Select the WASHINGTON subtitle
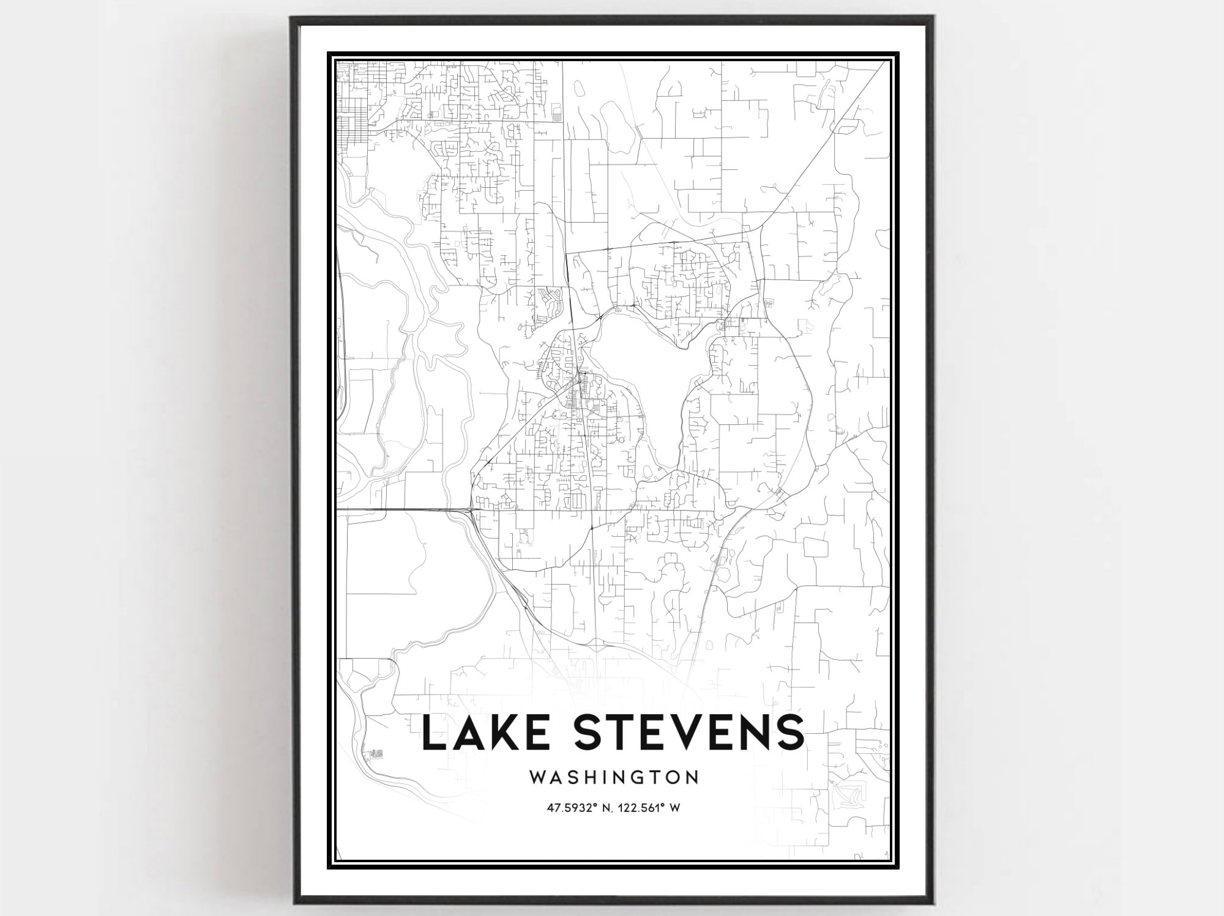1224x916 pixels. coord(614,777)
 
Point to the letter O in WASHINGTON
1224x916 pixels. coord(672,777)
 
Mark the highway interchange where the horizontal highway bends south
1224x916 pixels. coord(470,509)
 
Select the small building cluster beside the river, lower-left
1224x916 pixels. coord(375,753)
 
